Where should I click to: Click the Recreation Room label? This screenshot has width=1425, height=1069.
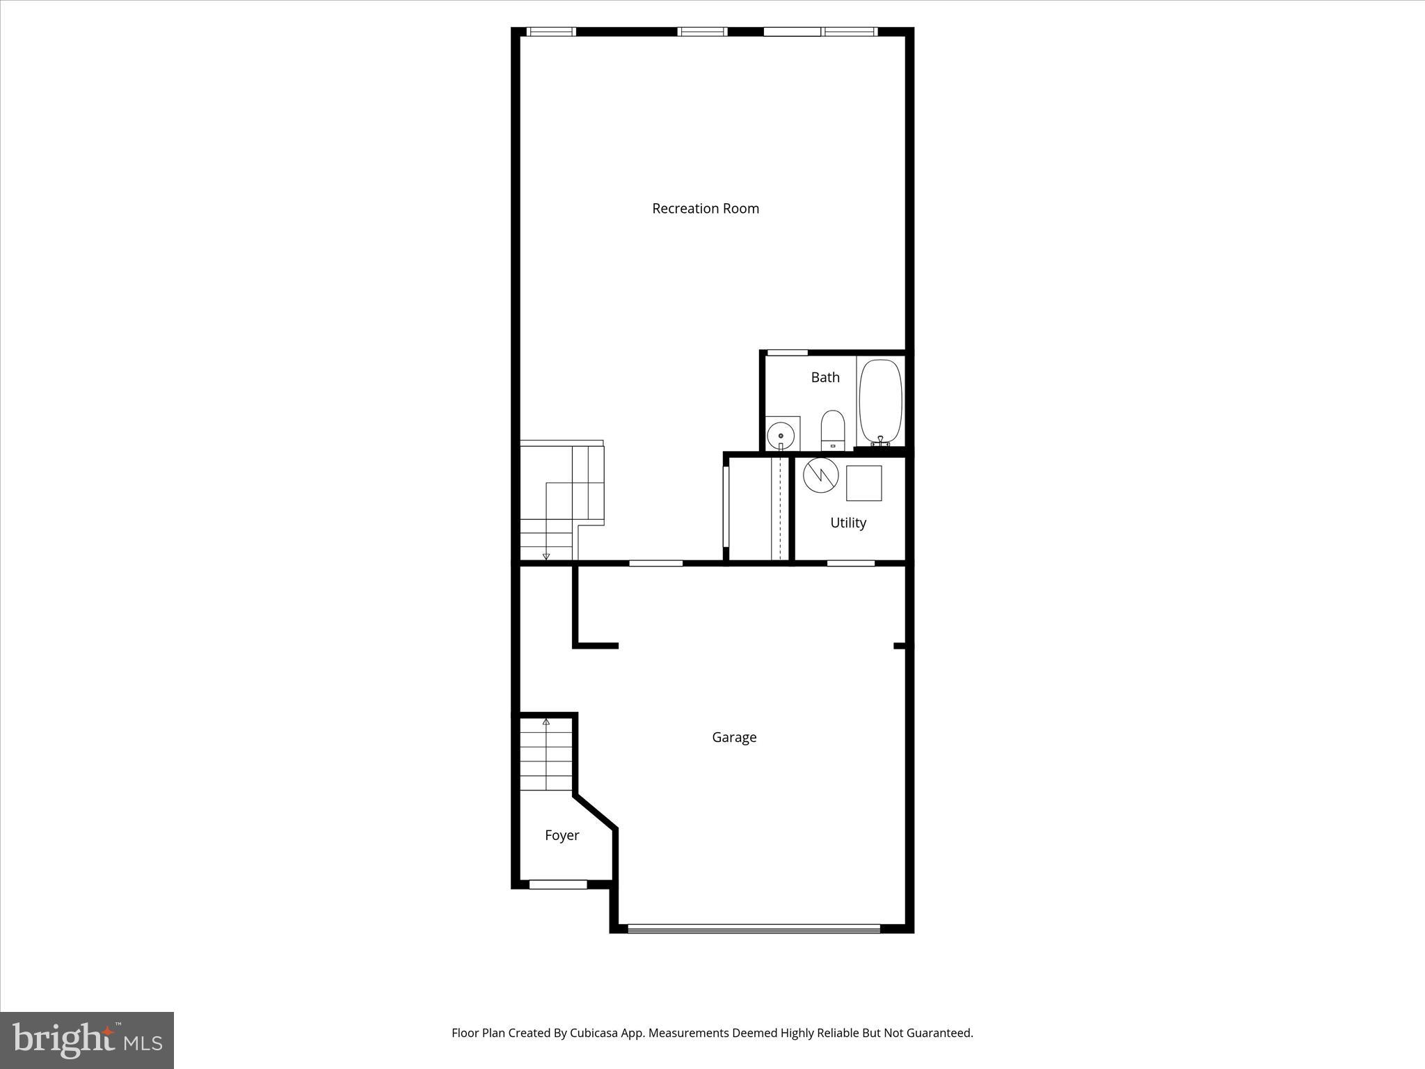pyautogui.click(x=705, y=209)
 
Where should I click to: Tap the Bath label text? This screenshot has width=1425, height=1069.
pyautogui.click(x=825, y=377)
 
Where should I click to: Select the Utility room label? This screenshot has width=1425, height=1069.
pyautogui.click(x=847, y=523)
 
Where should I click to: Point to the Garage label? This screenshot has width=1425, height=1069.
pyautogui.click(x=734, y=737)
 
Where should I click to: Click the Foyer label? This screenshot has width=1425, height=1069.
pyautogui.click(x=562, y=835)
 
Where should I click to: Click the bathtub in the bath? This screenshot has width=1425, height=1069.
pyautogui.click(x=880, y=401)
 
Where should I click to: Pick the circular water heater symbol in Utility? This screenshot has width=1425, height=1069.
pyautogui.click(x=820, y=475)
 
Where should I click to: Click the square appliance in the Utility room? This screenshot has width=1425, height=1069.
pyautogui.click(x=863, y=483)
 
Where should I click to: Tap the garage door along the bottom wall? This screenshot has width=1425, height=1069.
pyautogui.click(x=754, y=928)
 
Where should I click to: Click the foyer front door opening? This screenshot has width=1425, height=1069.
pyautogui.click(x=558, y=885)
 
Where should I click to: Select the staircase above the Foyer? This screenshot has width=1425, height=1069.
pyautogui.click(x=546, y=755)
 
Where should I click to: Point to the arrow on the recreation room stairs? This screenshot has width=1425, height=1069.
pyautogui.click(x=546, y=556)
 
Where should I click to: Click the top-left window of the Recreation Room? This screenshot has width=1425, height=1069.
pyautogui.click(x=551, y=31)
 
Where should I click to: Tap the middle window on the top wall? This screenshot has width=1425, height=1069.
pyautogui.click(x=702, y=31)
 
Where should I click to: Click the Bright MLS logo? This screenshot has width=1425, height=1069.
pyautogui.click(x=87, y=1040)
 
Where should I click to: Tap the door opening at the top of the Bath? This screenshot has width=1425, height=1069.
pyautogui.click(x=787, y=353)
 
